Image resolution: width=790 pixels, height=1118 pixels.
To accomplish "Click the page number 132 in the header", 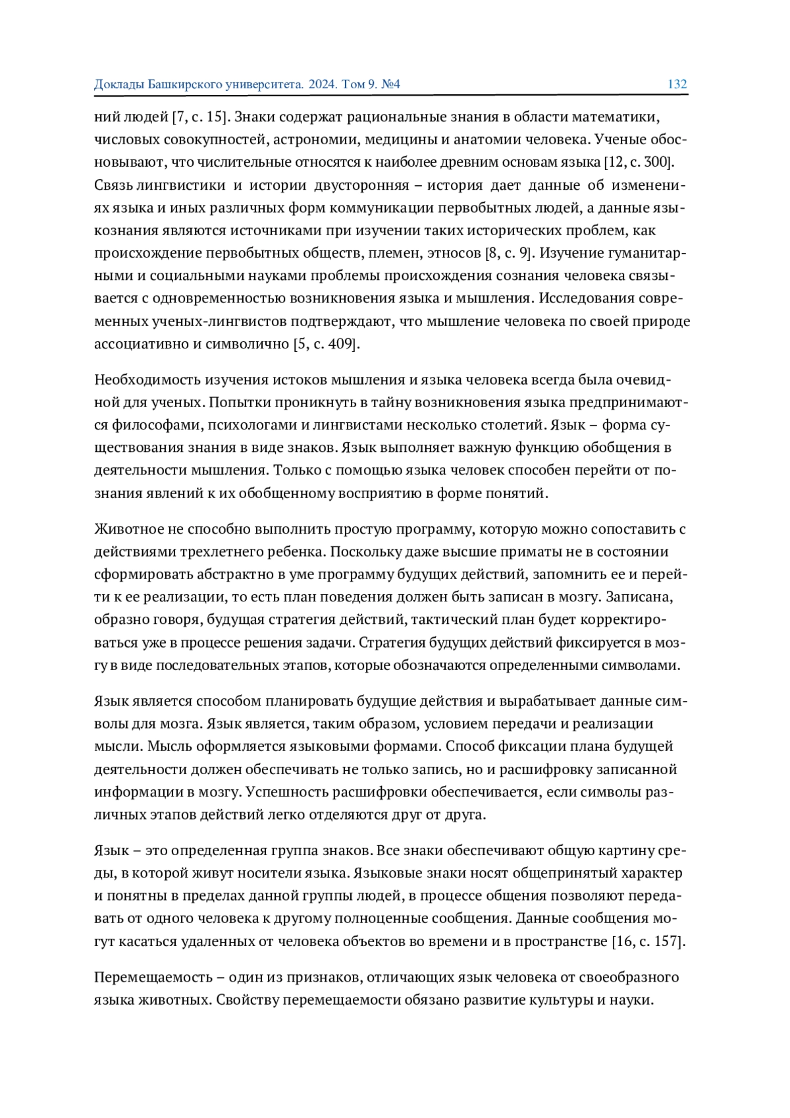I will (x=677, y=84).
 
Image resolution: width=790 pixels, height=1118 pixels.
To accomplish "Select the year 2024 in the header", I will (x=323, y=84).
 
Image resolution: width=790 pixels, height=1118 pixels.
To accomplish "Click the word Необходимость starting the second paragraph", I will (x=147, y=380).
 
